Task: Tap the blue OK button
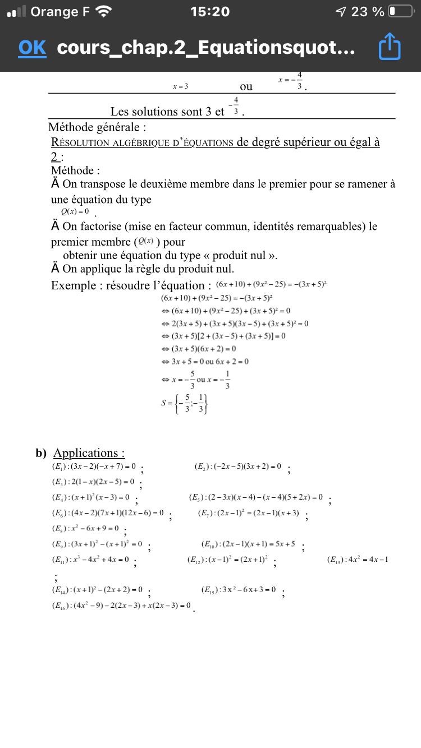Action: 32,48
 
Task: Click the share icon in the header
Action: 390,47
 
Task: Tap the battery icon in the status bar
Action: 401,12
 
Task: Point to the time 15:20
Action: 210,12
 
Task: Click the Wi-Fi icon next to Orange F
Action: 104,12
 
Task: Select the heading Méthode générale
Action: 98,127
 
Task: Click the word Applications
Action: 89,453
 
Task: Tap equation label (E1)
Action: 60,467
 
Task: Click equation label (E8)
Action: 60,528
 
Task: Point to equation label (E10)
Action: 210,544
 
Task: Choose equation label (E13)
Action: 337,560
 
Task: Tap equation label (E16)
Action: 61,606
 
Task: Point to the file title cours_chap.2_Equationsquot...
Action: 205,48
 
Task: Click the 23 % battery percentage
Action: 368,12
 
